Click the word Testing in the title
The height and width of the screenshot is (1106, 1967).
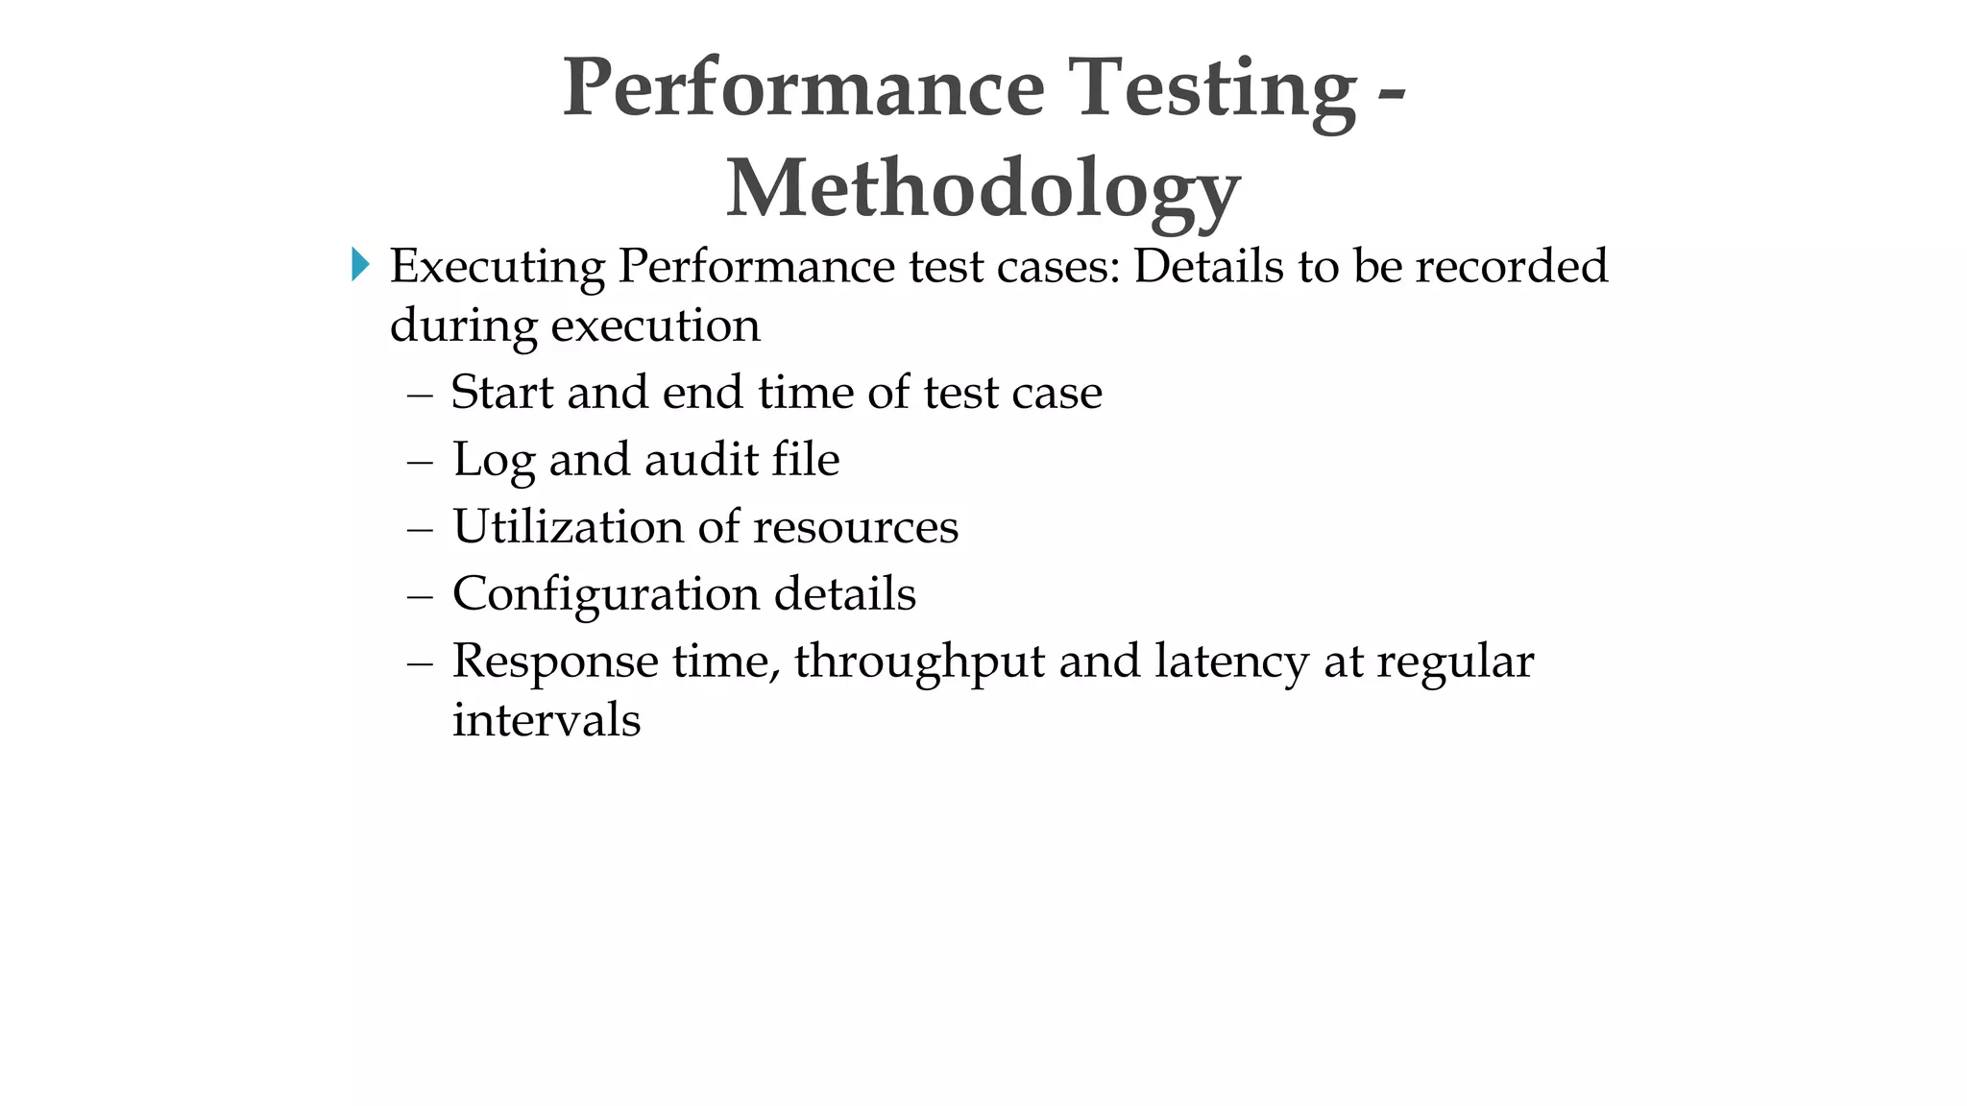(x=1212, y=88)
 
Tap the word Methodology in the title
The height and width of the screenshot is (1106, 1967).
(x=983, y=188)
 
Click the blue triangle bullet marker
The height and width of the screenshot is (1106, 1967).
(x=360, y=264)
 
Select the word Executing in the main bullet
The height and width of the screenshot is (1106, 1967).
(x=497, y=266)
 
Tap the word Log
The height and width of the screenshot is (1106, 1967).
(x=493, y=460)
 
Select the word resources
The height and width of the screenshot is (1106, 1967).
(x=856, y=527)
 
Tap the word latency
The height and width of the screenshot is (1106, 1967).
(x=1231, y=662)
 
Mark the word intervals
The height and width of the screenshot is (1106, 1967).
(x=546, y=720)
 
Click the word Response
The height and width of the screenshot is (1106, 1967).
(x=555, y=662)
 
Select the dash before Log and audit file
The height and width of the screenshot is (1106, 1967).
(x=420, y=461)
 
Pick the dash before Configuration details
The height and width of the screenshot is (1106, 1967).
(x=420, y=595)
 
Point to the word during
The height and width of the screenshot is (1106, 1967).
(x=463, y=325)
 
